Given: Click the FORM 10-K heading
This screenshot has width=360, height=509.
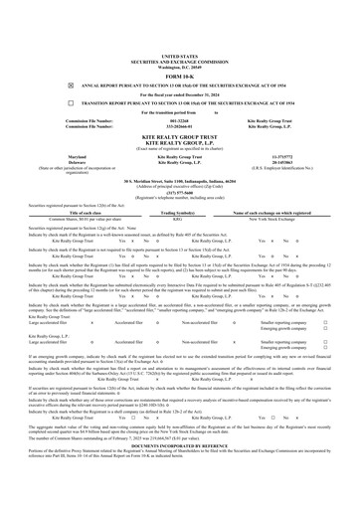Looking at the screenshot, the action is tap(180, 47).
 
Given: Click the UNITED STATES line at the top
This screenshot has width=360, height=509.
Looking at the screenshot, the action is tap(180, 29).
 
